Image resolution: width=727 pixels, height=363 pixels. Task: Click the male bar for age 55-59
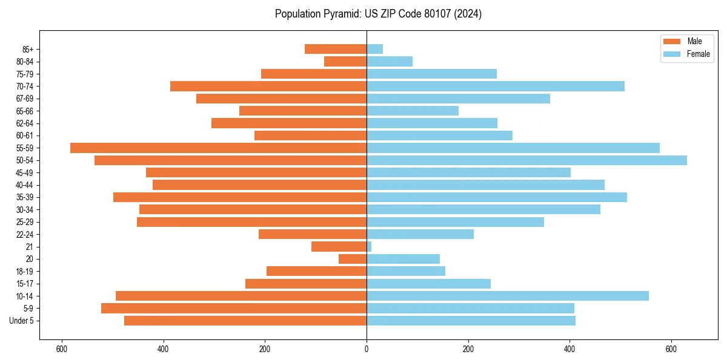pos(218,148)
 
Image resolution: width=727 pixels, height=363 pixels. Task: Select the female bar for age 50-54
pos(526,160)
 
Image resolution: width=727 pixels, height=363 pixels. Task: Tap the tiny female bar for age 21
pos(369,246)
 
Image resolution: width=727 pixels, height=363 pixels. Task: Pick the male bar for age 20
pos(353,259)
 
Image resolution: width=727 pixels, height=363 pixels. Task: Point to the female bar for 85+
pos(374,49)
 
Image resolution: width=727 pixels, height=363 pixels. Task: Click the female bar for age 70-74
pos(495,86)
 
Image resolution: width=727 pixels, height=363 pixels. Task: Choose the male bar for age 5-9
pos(234,308)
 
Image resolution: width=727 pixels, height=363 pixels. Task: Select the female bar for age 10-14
pos(507,296)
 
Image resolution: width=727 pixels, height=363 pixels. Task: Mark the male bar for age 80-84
pos(345,61)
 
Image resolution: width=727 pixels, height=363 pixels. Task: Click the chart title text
pos(378,14)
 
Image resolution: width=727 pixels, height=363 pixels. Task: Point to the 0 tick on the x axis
pos(367,349)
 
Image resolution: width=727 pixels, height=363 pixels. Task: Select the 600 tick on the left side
pos(61,349)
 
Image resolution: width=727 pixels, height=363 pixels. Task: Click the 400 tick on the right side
pos(569,349)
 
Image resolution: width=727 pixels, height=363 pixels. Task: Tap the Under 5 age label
pos(21,321)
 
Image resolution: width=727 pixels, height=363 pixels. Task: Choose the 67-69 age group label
pos(25,99)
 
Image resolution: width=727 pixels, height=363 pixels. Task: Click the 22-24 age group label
pos(25,234)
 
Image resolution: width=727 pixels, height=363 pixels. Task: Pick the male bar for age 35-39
pos(240,197)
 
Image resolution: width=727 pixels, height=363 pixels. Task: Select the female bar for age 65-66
pos(413,111)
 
